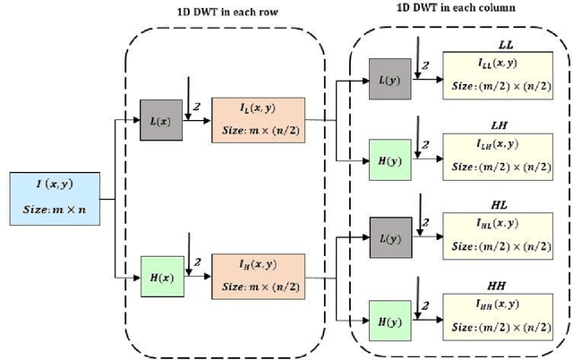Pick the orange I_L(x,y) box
pyautogui.click(x=258, y=118)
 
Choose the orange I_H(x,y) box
pyautogui.click(x=258, y=275)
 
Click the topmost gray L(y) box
pyautogui.click(x=391, y=80)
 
